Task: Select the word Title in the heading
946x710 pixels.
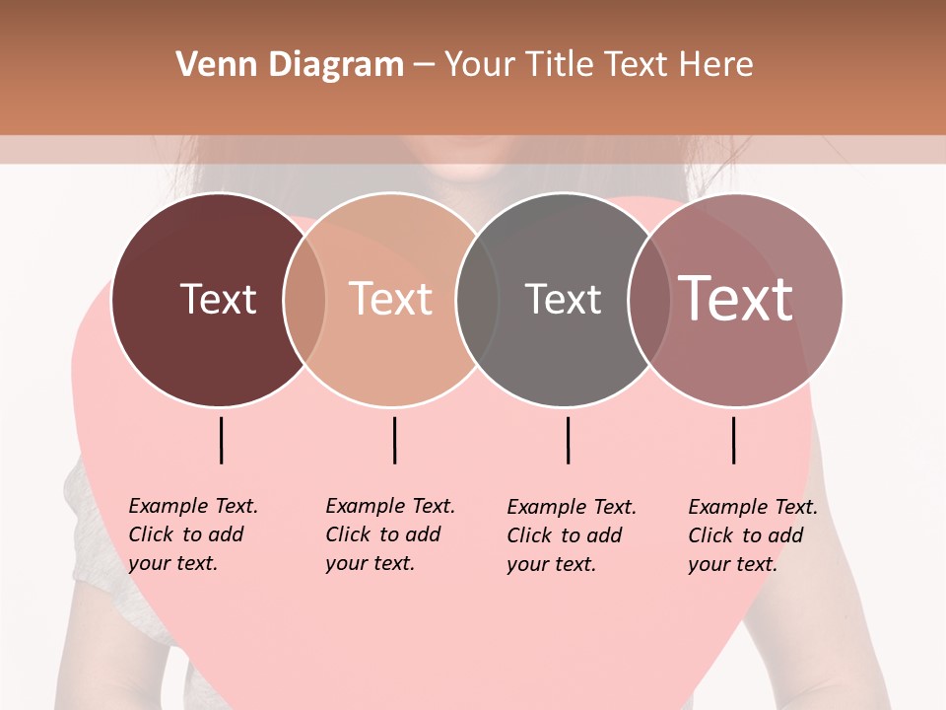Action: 561,65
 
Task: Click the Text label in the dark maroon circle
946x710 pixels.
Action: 218,299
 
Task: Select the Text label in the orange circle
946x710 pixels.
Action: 391,299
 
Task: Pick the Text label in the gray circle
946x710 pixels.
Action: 563,299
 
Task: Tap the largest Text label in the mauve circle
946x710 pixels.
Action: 735,299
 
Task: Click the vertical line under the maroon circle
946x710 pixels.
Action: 222,440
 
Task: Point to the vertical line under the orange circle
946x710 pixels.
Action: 394,440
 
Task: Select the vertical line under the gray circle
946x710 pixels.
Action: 569,440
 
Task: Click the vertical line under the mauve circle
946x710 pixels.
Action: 734,440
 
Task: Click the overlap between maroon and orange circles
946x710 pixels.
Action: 304,300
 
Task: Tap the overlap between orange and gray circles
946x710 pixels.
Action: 477,300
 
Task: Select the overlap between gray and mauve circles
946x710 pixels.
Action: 648,300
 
